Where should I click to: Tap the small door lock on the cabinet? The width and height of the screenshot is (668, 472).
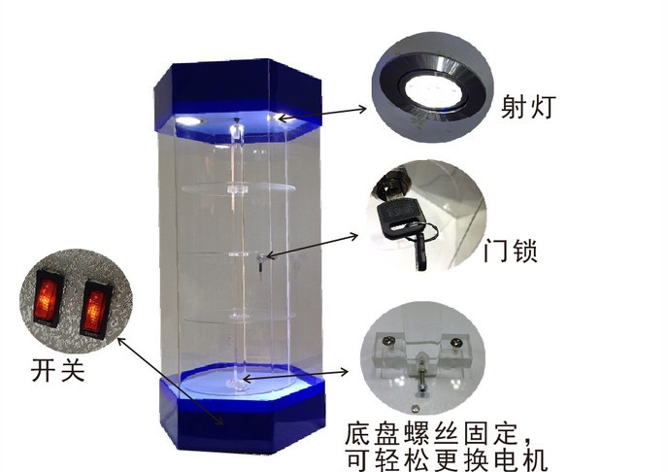pos(263,257)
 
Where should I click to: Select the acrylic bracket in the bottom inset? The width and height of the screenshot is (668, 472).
pos(422,354)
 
